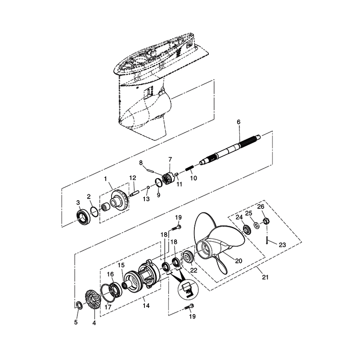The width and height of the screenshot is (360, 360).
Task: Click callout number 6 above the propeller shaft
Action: (x=238, y=122)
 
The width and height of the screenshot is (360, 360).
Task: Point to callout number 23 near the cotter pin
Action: (x=282, y=245)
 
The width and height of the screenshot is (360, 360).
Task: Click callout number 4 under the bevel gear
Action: (x=94, y=322)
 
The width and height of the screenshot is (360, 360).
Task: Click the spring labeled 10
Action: (x=189, y=169)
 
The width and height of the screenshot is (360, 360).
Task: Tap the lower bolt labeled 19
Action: (x=189, y=308)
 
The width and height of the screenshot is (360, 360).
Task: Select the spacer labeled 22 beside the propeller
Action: (x=188, y=258)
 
